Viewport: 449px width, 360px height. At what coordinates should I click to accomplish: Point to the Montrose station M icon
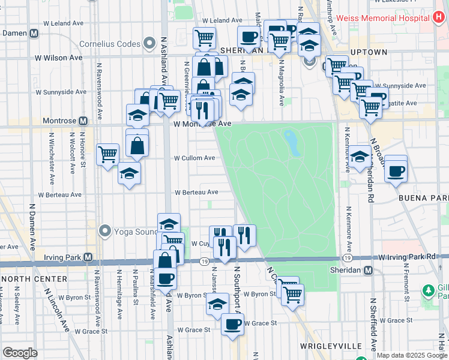(83, 121)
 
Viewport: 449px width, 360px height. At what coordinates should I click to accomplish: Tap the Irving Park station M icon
(88, 257)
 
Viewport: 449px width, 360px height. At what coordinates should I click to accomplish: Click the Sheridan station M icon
(369, 271)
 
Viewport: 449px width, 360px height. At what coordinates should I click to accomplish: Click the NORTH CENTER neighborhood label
(34, 279)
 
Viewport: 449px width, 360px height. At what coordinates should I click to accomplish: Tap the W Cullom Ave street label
(194, 158)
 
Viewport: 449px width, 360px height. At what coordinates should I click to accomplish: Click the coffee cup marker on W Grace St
(232, 324)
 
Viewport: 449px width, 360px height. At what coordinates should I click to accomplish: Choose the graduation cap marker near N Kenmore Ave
(360, 157)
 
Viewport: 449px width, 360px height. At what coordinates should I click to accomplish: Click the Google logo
(20, 353)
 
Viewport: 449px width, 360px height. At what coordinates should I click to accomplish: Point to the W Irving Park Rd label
(406, 257)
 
